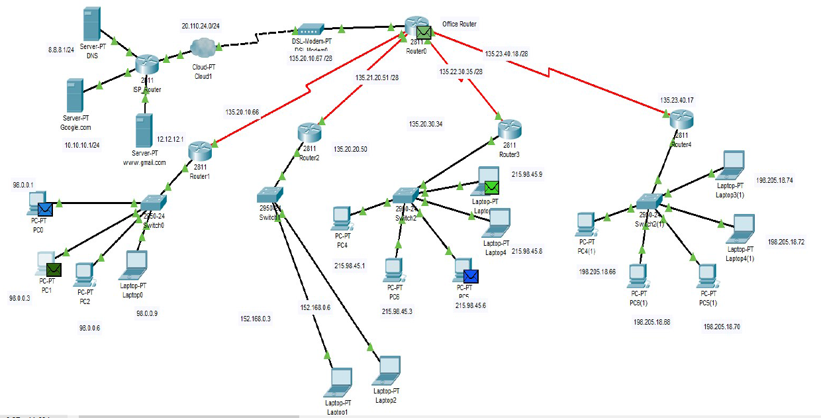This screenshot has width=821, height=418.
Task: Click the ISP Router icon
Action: tap(147, 65)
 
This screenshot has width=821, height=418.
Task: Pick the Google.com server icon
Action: tap(75, 95)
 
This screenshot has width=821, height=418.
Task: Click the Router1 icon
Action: tap(199, 150)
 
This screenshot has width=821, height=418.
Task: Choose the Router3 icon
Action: tap(510, 129)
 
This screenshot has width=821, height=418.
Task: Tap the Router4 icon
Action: tap(681, 120)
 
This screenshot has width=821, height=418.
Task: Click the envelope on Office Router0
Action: tap(424, 31)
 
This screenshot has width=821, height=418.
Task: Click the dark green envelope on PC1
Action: tap(54, 269)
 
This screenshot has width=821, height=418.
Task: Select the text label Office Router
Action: tap(459, 25)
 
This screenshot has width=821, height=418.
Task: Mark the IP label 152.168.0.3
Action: tap(256, 319)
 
